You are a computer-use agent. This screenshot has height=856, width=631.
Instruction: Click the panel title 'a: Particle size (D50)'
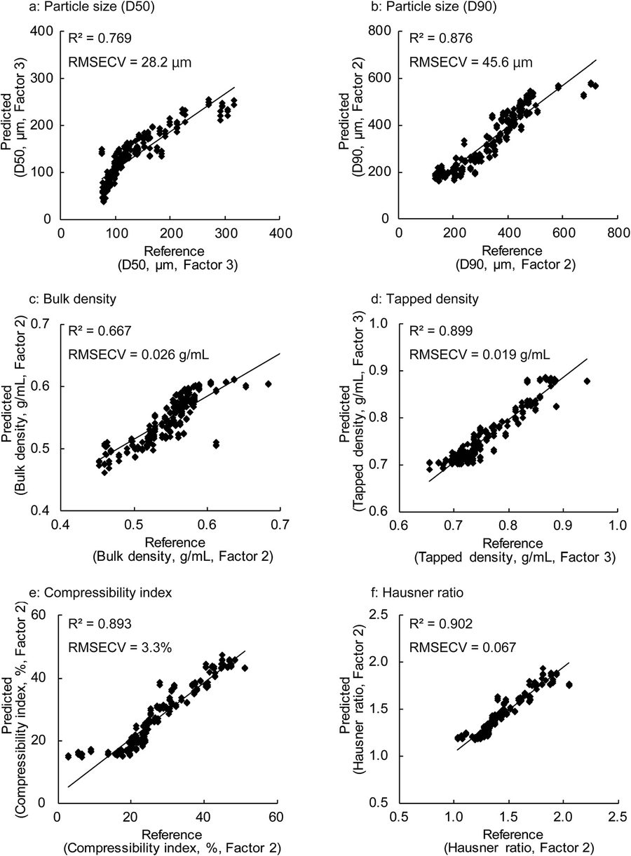[x=92, y=7]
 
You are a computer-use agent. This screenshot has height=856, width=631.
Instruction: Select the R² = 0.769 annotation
[x=100, y=39]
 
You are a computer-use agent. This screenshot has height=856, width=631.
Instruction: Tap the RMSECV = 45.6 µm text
[x=470, y=62]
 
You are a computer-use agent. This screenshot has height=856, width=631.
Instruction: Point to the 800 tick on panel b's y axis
[x=382, y=31]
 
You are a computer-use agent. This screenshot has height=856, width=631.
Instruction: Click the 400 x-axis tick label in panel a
[x=280, y=233]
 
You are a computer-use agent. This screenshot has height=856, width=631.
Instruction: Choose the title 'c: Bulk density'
[x=73, y=299]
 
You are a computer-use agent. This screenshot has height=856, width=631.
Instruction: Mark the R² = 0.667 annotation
[x=100, y=331]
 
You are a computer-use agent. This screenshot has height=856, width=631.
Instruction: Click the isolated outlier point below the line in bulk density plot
[x=217, y=444]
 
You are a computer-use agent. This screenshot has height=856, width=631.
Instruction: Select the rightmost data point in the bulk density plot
[x=269, y=383]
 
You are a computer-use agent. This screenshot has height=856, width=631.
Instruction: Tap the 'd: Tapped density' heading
[x=425, y=299]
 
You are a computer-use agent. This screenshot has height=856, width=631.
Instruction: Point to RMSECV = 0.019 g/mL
[x=480, y=355]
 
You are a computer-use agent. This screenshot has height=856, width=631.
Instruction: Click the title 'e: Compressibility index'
[x=100, y=592]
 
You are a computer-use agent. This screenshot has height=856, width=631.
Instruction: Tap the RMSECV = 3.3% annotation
[x=120, y=647]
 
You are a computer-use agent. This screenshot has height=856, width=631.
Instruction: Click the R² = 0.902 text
[x=441, y=624]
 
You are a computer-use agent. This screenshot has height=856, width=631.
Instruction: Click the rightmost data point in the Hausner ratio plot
[x=569, y=685]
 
